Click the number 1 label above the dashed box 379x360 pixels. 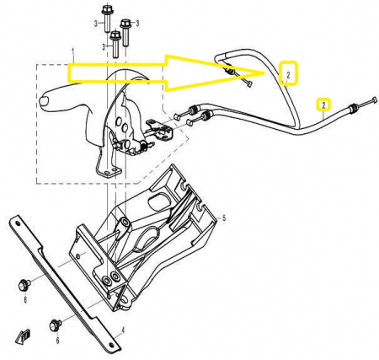point(73,53)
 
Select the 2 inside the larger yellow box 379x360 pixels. point(288,75)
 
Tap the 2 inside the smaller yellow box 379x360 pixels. point(323,105)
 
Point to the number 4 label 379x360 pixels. point(123,330)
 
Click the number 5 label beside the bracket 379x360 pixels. point(224,218)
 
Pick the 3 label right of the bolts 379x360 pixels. point(137,24)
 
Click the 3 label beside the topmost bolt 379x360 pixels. point(95,24)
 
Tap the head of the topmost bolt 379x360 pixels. point(106,10)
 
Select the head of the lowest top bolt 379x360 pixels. point(115,35)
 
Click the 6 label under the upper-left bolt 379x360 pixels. point(25,299)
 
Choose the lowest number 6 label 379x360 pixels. point(57,341)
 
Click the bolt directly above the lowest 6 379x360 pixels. point(56,325)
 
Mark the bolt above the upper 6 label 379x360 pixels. point(24,285)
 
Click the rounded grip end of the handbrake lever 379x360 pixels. point(45,101)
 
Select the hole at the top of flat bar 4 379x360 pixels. point(18,223)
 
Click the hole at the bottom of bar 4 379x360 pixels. point(112,345)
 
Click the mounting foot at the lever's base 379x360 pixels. point(109,172)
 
